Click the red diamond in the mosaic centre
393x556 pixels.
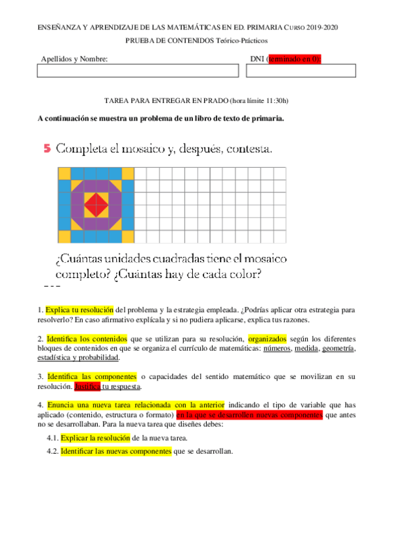pyautogui.click(x=96, y=205)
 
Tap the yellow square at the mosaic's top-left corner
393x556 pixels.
pyautogui.click(x=64, y=174)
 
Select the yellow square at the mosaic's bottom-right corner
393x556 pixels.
pyautogui.click(x=128, y=235)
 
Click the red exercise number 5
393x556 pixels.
pyautogui.click(x=47, y=149)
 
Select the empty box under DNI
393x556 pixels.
pyautogui.click(x=301, y=71)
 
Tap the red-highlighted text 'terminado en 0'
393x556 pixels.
pyautogui.click(x=294, y=59)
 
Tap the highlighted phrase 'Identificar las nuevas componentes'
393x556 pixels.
pyautogui.click(x=115, y=451)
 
